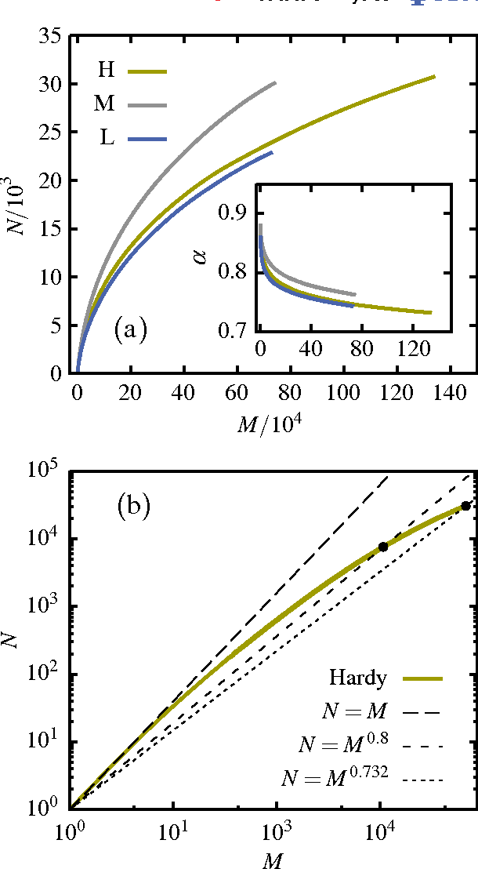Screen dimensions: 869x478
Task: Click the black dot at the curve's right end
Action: tap(465, 506)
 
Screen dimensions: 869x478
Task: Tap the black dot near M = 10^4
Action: tap(383, 547)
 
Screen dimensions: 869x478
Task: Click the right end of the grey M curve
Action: tap(275, 82)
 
